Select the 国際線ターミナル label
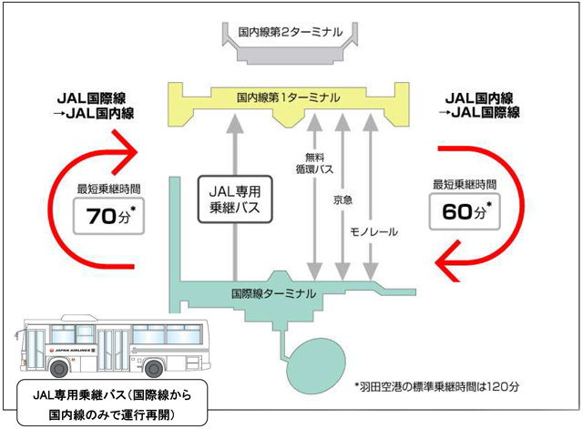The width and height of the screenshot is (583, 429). click(x=274, y=294)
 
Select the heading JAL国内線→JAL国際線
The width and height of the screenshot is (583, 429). click(x=481, y=104)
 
